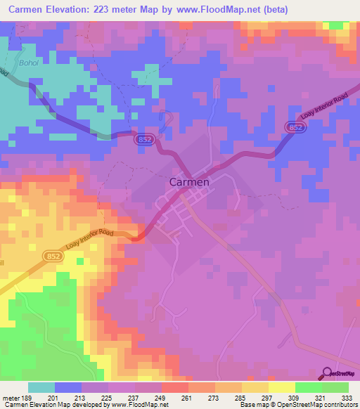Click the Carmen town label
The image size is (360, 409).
[189, 181]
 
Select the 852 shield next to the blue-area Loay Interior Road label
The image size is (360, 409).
[295, 125]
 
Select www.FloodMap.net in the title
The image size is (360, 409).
[217, 10]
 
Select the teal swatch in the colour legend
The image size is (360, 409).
[41, 387]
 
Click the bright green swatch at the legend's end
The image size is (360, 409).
[335, 387]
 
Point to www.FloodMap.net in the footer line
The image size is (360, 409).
[137, 405]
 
